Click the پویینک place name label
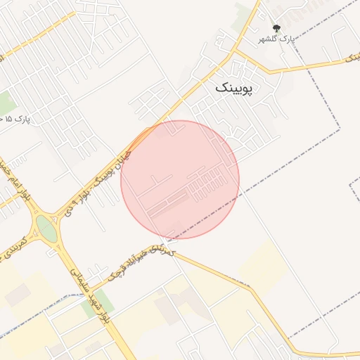click(x=236, y=87)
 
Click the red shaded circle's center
click(x=180, y=179)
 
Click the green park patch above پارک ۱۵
click(x=6, y=102)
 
